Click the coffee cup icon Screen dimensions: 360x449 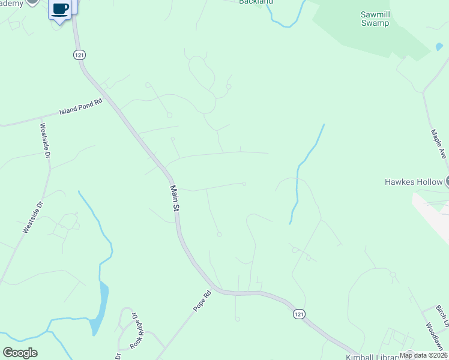(x=60, y=9)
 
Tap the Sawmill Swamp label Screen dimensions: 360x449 (x=375, y=19)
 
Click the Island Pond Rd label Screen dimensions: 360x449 (x=82, y=107)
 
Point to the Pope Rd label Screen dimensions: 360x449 (x=203, y=301)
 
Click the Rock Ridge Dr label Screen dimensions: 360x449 (x=136, y=330)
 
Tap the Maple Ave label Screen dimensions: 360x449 (x=438, y=144)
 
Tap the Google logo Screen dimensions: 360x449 (x=20, y=353)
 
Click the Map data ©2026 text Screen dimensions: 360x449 (x=423, y=355)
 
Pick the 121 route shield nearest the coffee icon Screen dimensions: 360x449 (x=80, y=55)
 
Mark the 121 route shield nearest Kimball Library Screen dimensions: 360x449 (x=299, y=314)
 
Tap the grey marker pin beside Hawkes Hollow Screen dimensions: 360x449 (x=447, y=182)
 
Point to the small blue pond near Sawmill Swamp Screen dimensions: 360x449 (x=439, y=47)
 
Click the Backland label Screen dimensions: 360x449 (x=256, y=2)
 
